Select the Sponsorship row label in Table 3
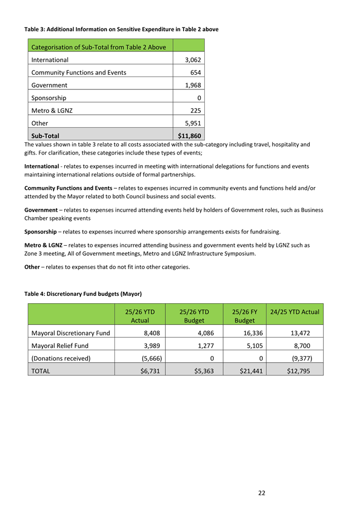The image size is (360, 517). click(x=49, y=98)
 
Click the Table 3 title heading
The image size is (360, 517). click(x=121, y=29)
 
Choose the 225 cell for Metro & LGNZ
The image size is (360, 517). click(x=195, y=111)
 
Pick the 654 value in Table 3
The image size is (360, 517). click(x=195, y=73)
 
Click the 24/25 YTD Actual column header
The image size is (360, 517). click(x=295, y=312)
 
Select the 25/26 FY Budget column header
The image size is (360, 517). click(x=244, y=315)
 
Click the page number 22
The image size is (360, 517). click(x=261, y=492)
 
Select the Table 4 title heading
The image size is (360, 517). click(x=83, y=294)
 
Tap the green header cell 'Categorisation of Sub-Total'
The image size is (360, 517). click(x=98, y=47)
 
